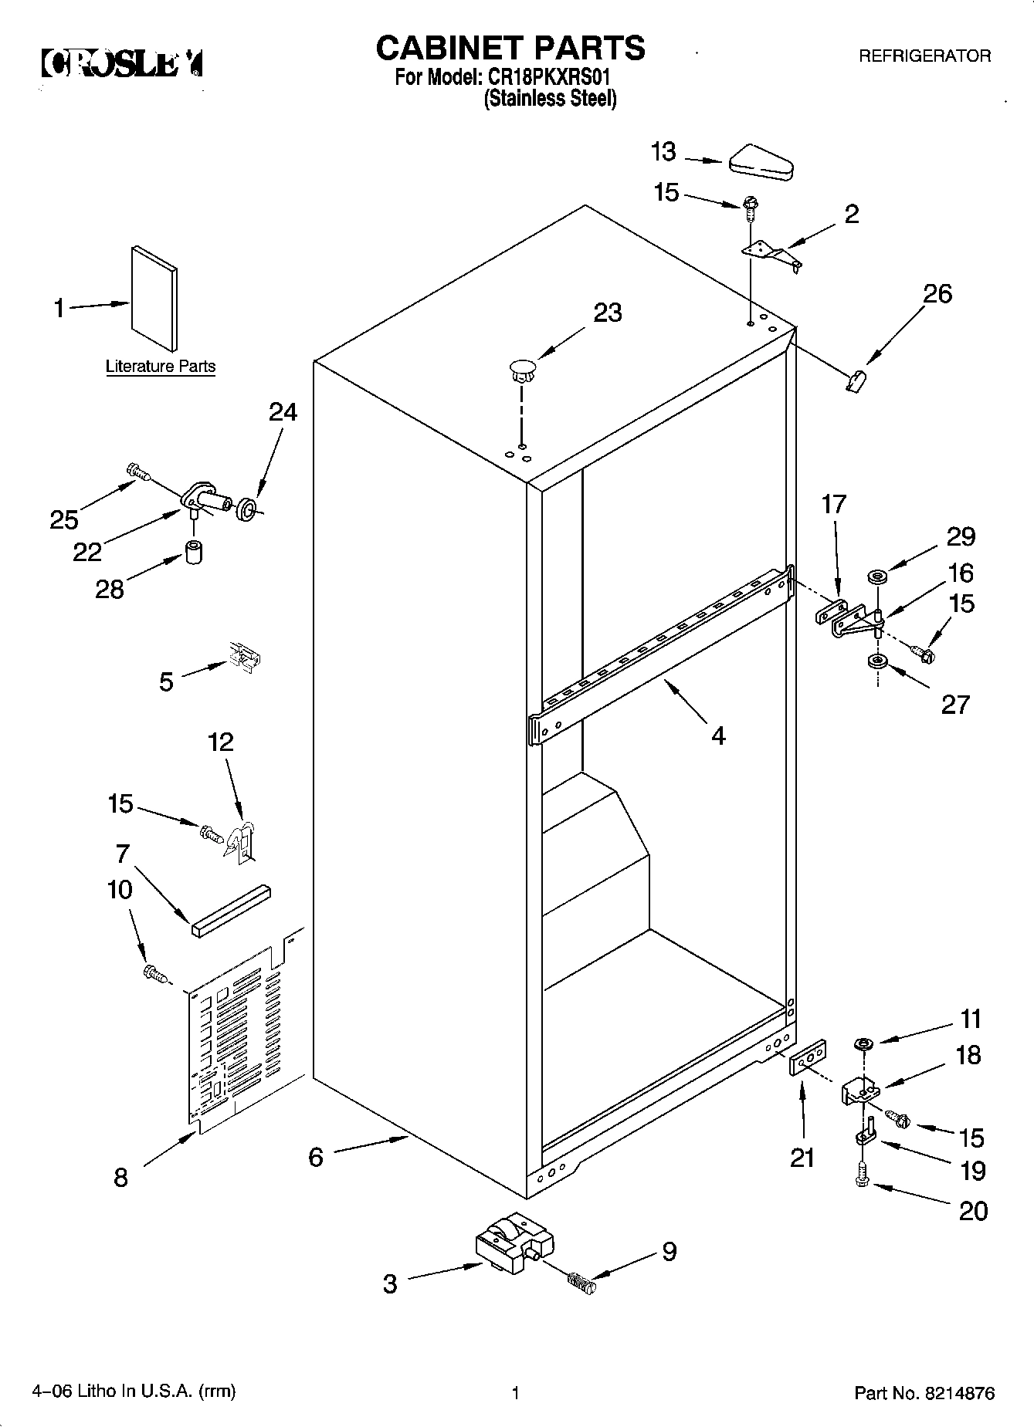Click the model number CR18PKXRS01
point(551,78)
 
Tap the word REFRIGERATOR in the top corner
point(924,56)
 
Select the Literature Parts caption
point(161,367)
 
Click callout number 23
point(608,313)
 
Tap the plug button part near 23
point(522,370)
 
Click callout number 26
point(937,294)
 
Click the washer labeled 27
point(876,661)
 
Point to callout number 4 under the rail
point(718,735)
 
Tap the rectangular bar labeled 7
point(231,908)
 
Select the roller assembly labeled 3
point(514,1244)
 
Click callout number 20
point(973,1210)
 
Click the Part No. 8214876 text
point(924,1393)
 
